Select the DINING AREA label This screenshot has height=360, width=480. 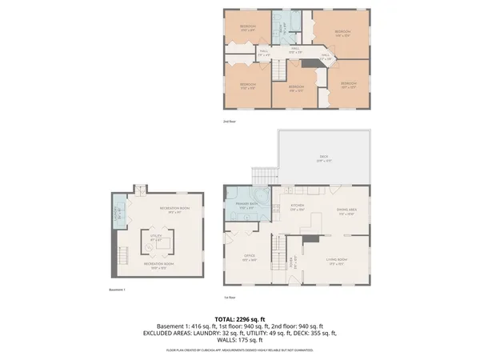(346, 211)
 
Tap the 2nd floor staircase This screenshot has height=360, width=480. (277, 73)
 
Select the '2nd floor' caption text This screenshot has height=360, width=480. (231, 122)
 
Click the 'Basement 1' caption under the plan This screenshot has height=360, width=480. (117, 290)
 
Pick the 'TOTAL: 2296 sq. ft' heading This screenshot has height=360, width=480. (240, 318)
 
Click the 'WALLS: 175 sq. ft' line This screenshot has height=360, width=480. (240, 342)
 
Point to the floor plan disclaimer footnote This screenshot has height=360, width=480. (240, 350)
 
